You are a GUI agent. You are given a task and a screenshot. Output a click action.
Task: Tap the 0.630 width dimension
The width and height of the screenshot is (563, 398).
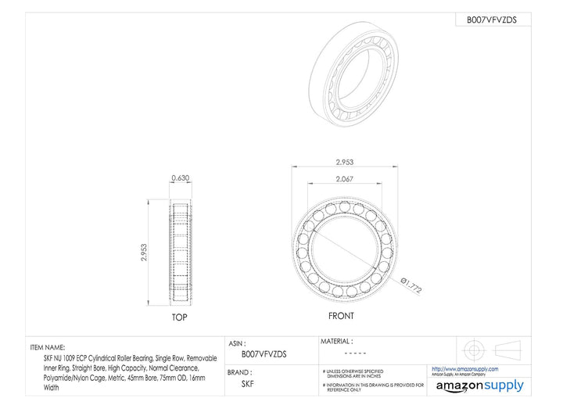[x=180, y=177]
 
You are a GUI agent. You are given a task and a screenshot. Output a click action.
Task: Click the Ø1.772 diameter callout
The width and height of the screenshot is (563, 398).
[x=411, y=285]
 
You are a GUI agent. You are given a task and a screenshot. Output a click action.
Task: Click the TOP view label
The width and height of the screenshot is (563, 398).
[x=179, y=318]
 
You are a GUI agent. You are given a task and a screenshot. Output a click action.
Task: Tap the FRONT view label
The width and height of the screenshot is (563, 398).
[x=340, y=316]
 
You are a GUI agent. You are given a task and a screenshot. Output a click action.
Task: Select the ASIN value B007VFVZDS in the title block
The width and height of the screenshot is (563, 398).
[x=264, y=353]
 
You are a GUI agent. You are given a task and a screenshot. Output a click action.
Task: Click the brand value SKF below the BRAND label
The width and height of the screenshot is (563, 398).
[x=247, y=384]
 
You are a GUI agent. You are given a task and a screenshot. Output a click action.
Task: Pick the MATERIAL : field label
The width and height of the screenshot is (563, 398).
[x=337, y=341]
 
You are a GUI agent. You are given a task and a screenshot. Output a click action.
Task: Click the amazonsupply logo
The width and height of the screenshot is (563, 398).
[x=479, y=385]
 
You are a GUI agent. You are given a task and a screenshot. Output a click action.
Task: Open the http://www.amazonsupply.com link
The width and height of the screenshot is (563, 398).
[x=464, y=369]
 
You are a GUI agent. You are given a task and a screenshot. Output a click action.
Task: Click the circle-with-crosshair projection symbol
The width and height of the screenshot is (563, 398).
[x=474, y=348]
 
